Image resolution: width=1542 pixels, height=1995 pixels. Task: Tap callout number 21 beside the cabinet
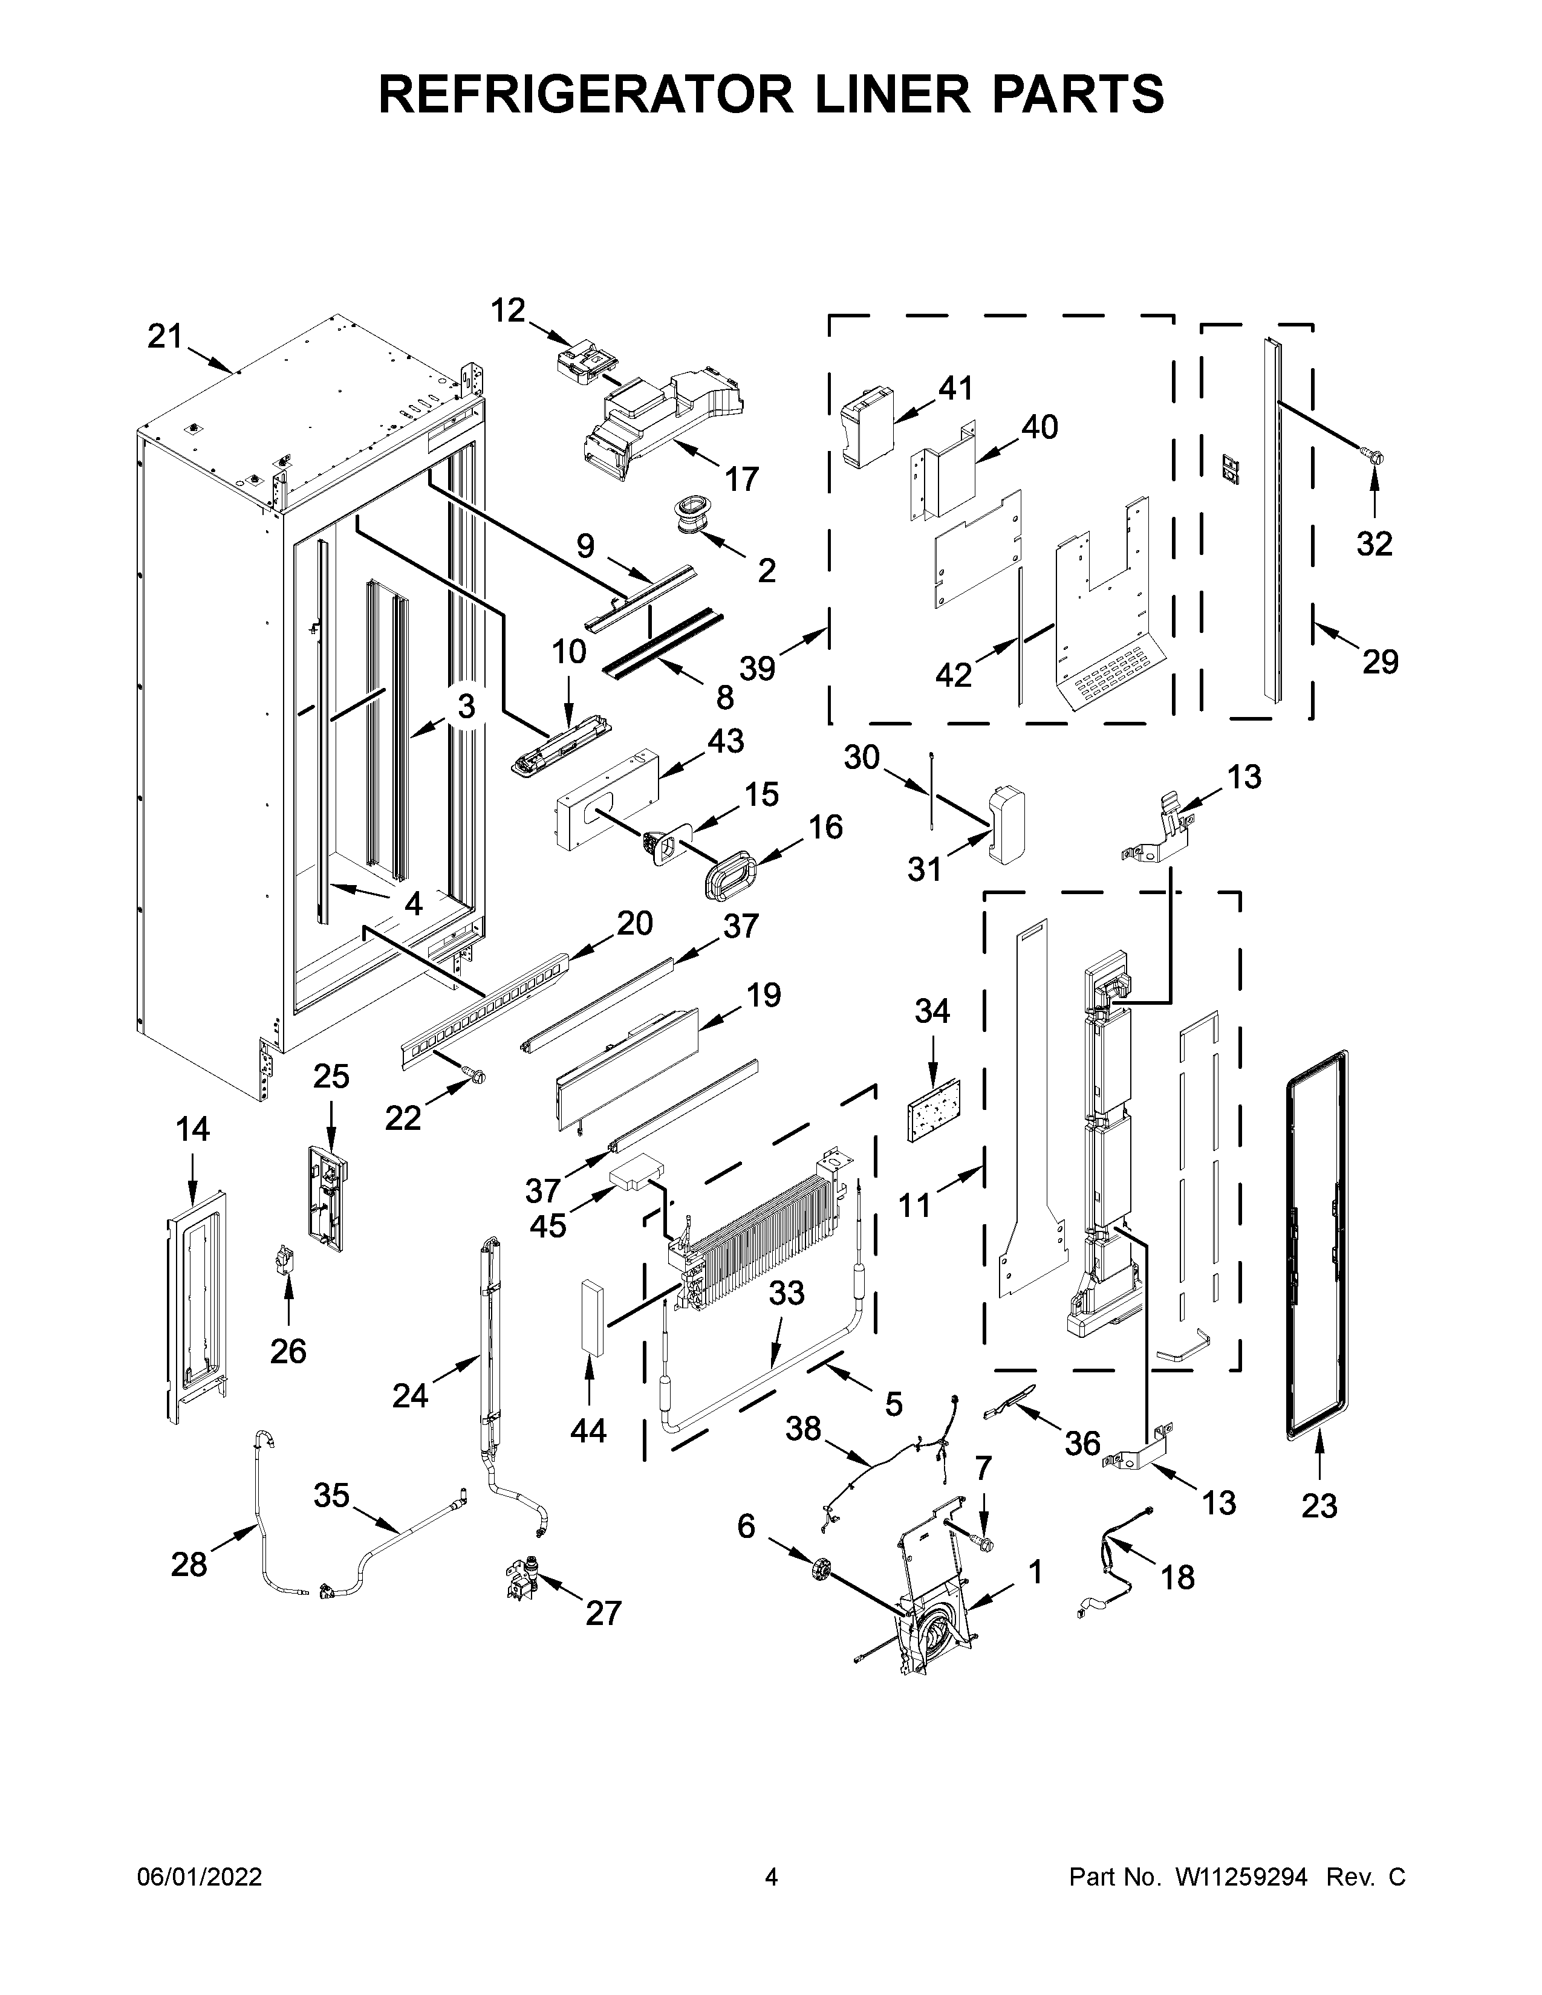click(x=165, y=337)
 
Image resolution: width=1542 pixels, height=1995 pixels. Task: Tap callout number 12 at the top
click(x=508, y=311)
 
